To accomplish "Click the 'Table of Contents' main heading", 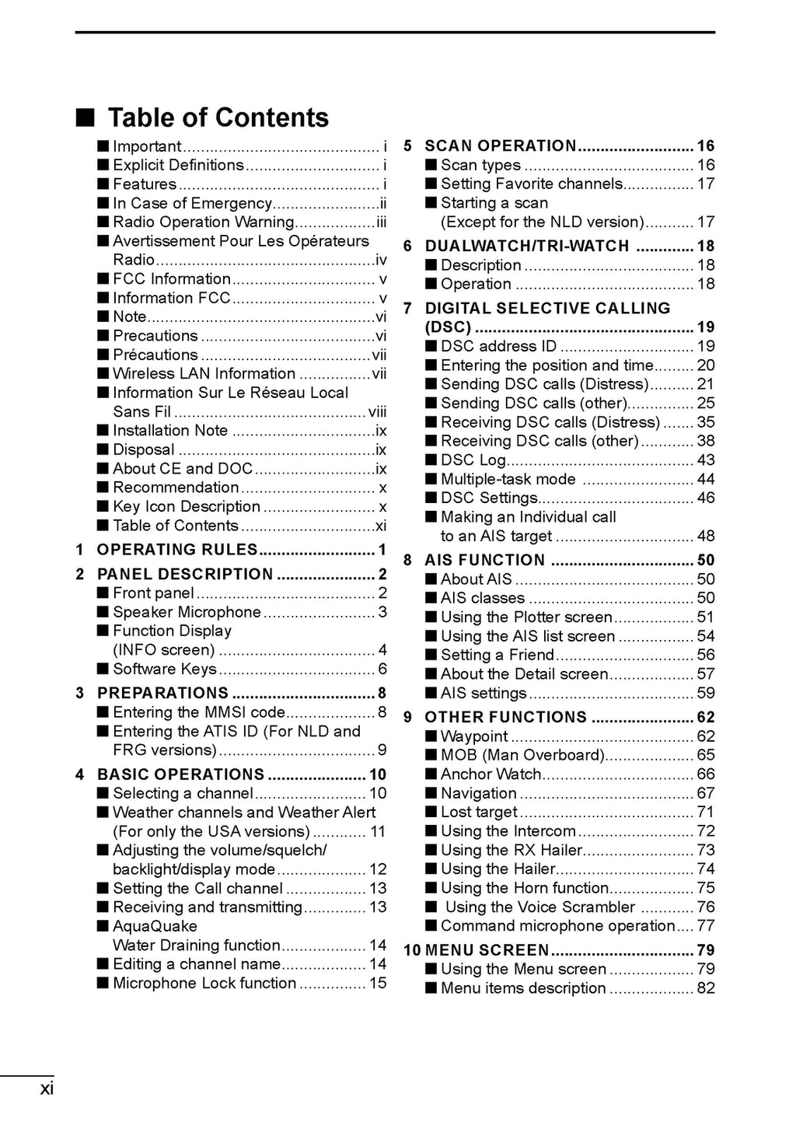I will [x=218, y=117].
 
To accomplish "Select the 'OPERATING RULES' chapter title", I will [x=177, y=550].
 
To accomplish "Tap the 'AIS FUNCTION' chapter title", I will [x=485, y=560].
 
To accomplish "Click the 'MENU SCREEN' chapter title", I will [x=487, y=950].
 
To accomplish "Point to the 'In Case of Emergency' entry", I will [x=192, y=203].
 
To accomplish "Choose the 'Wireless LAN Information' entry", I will [x=204, y=374].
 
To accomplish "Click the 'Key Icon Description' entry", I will [x=187, y=507].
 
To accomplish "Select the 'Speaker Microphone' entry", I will [x=187, y=613].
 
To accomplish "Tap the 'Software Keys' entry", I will [x=165, y=669].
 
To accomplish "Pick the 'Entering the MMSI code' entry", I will [x=199, y=712].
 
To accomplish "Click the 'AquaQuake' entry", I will [x=155, y=926].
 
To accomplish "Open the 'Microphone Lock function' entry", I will [x=204, y=984].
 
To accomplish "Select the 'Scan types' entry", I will [x=480, y=165].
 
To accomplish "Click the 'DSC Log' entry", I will [x=473, y=460].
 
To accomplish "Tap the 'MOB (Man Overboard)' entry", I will [x=522, y=755].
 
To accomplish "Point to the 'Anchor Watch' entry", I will [x=491, y=774].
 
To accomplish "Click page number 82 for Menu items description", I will [x=706, y=988].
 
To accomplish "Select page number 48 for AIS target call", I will [x=706, y=537].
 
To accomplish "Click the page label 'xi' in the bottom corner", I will [x=47, y=1089].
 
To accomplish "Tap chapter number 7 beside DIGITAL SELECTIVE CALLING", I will [x=407, y=309].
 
